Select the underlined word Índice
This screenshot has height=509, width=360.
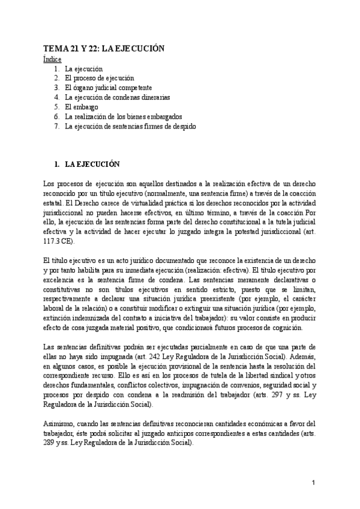click(x=52, y=60)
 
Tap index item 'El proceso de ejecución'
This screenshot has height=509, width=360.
click(x=100, y=78)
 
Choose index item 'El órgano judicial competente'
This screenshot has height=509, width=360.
click(x=109, y=88)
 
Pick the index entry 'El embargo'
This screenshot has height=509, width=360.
click(x=82, y=107)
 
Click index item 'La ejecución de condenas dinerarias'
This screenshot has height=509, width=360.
click(x=118, y=97)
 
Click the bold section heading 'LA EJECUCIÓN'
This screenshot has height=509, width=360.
click(x=92, y=164)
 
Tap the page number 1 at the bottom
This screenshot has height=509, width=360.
click(x=313, y=483)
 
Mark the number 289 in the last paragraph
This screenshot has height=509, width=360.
click(x=51, y=443)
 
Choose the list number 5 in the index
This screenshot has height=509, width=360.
click(x=56, y=107)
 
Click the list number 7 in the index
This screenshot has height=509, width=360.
click(x=56, y=126)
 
